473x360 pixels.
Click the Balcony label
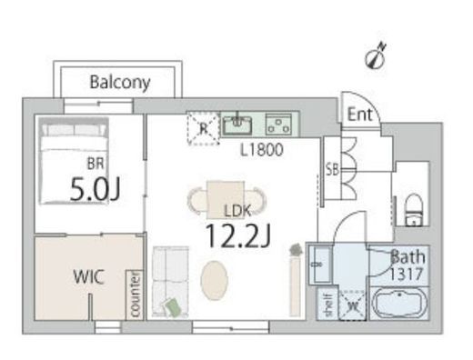click(x=120, y=82)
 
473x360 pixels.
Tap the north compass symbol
click(x=376, y=57)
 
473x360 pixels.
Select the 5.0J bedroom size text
click(x=96, y=189)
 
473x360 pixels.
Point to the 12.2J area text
click(x=238, y=236)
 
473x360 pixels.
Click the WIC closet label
click(x=89, y=276)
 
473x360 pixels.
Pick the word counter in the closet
click(x=135, y=295)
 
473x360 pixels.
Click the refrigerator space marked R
click(x=204, y=128)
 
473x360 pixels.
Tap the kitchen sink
click(x=237, y=125)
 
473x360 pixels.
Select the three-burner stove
click(x=278, y=125)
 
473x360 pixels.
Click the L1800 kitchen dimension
click(x=262, y=150)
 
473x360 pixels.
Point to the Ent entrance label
click(x=359, y=115)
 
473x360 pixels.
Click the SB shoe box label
click(x=332, y=170)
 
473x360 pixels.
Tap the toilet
click(x=414, y=210)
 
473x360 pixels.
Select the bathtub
click(x=398, y=304)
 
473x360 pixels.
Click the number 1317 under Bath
click(x=406, y=275)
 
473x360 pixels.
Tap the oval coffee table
click(x=214, y=281)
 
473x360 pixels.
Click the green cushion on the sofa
click(x=173, y=306)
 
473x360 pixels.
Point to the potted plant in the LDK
click(x=296, y=250)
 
